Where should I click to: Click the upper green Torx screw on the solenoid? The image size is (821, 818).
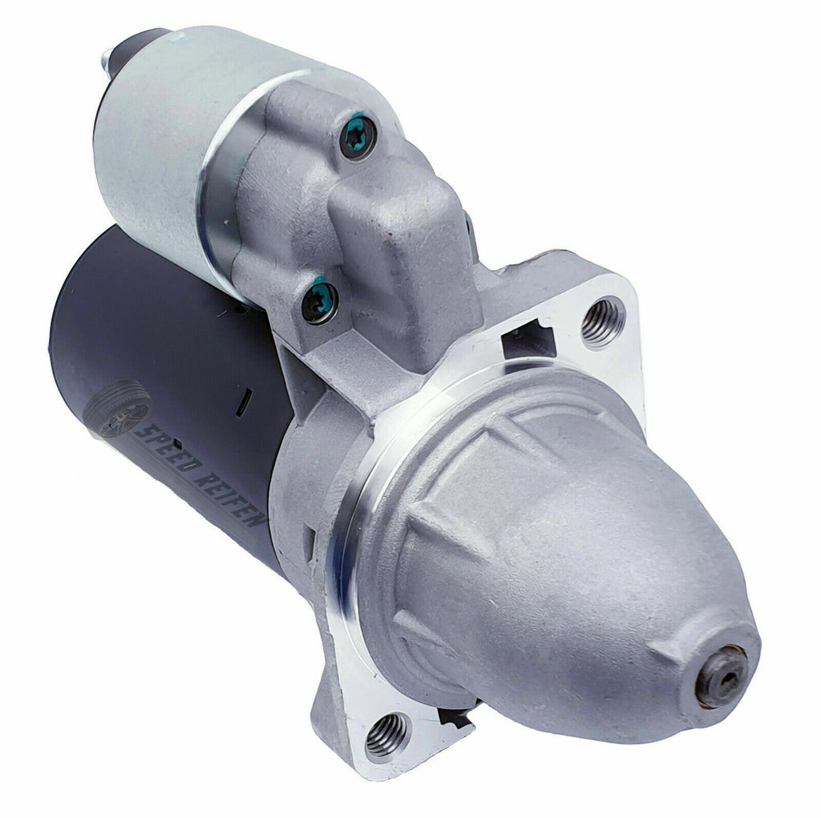click(358, 137)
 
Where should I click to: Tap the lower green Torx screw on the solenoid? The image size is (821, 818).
click(319, 303)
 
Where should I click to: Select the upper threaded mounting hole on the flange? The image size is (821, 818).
click(603, 322)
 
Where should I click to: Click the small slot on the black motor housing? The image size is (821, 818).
click(244, 402)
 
